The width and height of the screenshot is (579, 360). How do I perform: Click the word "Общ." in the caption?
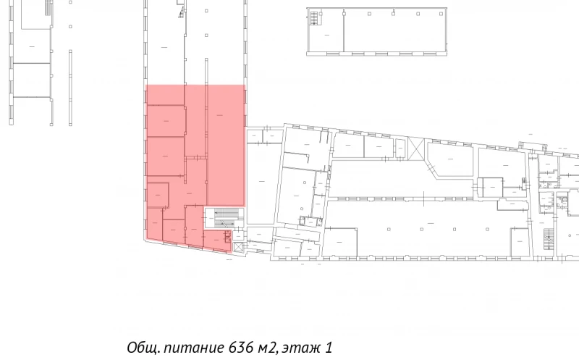click(x=143, y=348)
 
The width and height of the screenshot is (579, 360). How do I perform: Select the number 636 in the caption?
click(x=242, y=348)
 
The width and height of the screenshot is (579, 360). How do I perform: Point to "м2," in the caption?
click(x=268, y=348)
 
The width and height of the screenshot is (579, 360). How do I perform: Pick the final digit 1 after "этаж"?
click(x=329, y=348)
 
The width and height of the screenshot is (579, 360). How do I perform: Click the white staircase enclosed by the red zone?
click(x=223, y=217)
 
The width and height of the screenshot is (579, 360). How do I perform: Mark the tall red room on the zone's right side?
click(x=226, y=145)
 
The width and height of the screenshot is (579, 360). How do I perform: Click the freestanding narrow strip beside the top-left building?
click(x=70, y=87)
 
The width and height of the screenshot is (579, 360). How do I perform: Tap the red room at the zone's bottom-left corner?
click(x=155, y=225)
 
